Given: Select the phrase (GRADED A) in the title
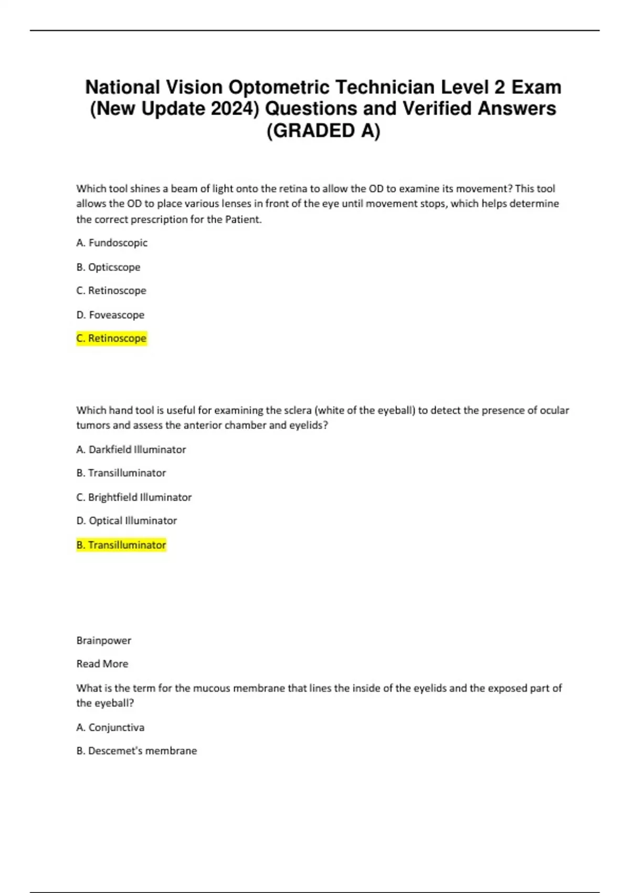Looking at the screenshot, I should pyautogui.click(x=323, y=131).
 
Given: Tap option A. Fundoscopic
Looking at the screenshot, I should pyautogui.click(x=112, y=243).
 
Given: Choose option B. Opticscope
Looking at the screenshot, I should pyautogui.click(x=108, y=267).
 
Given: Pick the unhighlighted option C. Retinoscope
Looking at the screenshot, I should pyautogui.click(x=111, y=290).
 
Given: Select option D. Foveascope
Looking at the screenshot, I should pyautogui.click(x=110, y=315).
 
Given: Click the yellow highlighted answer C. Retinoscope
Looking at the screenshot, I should pyautogui.click(x=111, y=338).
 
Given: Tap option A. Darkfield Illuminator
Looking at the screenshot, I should pyautogui.click(x=131, y=449).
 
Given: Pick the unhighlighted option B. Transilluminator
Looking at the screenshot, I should pyautogui.click(x=121, y=473).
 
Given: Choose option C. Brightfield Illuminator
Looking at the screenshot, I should pyautogui.click(x=134, y=497).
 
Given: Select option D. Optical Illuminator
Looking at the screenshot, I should pyautogui.click(x=127, y=521).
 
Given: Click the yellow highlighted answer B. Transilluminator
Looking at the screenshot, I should pyautogui.click(x=121, y=545).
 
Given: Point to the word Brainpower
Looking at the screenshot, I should pyautogui.click(x=104, y=640).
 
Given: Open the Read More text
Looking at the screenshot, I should pyautogui.click(x=102, y=663).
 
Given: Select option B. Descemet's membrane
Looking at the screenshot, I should pyautogui.click(x=136, y=751).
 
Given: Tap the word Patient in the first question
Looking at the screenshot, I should pyautogui.click(x=243, y=219).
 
